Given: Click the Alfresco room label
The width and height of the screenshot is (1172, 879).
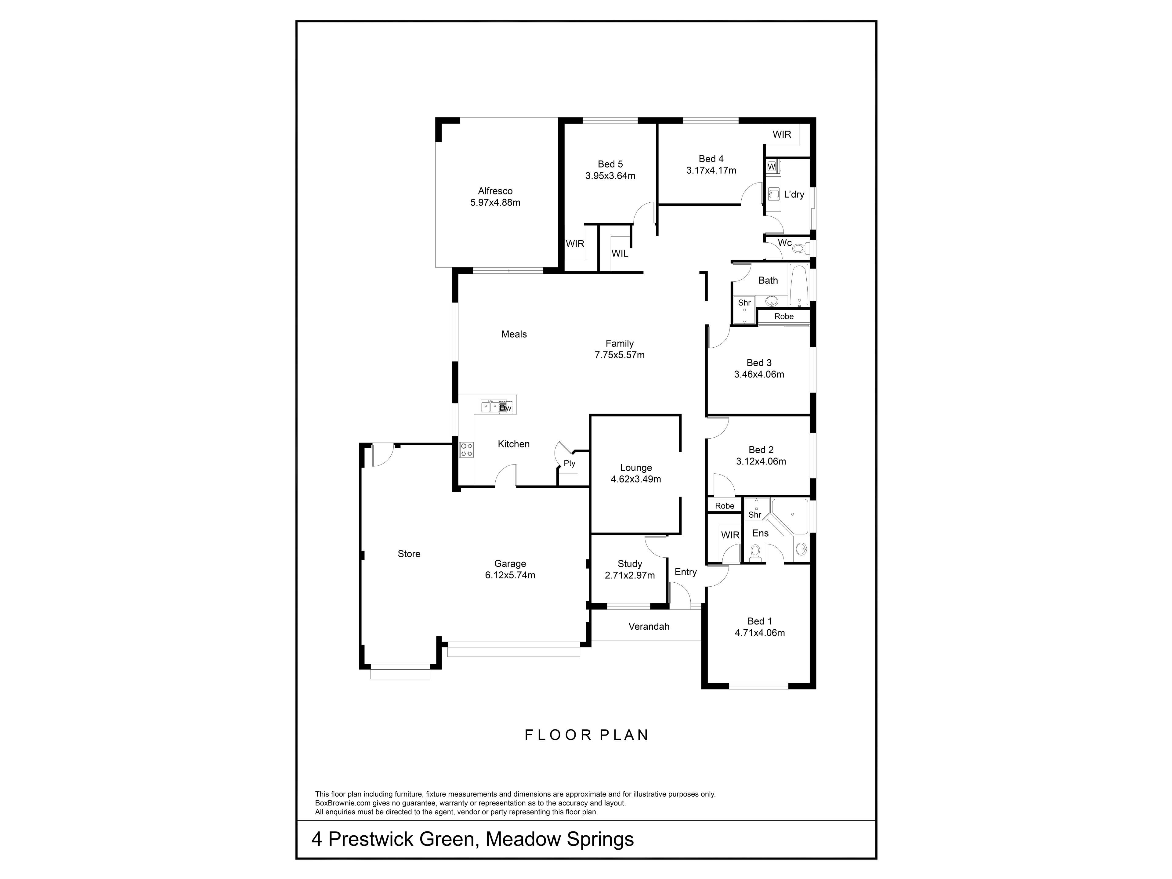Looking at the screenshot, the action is [495, 191].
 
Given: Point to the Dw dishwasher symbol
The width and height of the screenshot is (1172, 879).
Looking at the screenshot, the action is [505, 408].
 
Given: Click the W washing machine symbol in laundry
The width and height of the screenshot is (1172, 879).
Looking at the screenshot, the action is [772, 166].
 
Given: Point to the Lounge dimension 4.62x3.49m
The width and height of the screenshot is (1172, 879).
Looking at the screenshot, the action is [636, 479].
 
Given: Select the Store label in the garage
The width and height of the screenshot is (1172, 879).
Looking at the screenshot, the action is [409, 554].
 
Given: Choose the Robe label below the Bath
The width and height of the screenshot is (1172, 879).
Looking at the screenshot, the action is [784, 316].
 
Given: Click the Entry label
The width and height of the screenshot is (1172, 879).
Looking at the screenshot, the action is [685, 572].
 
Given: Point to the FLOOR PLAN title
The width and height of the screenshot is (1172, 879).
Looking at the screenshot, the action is [587, 735].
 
